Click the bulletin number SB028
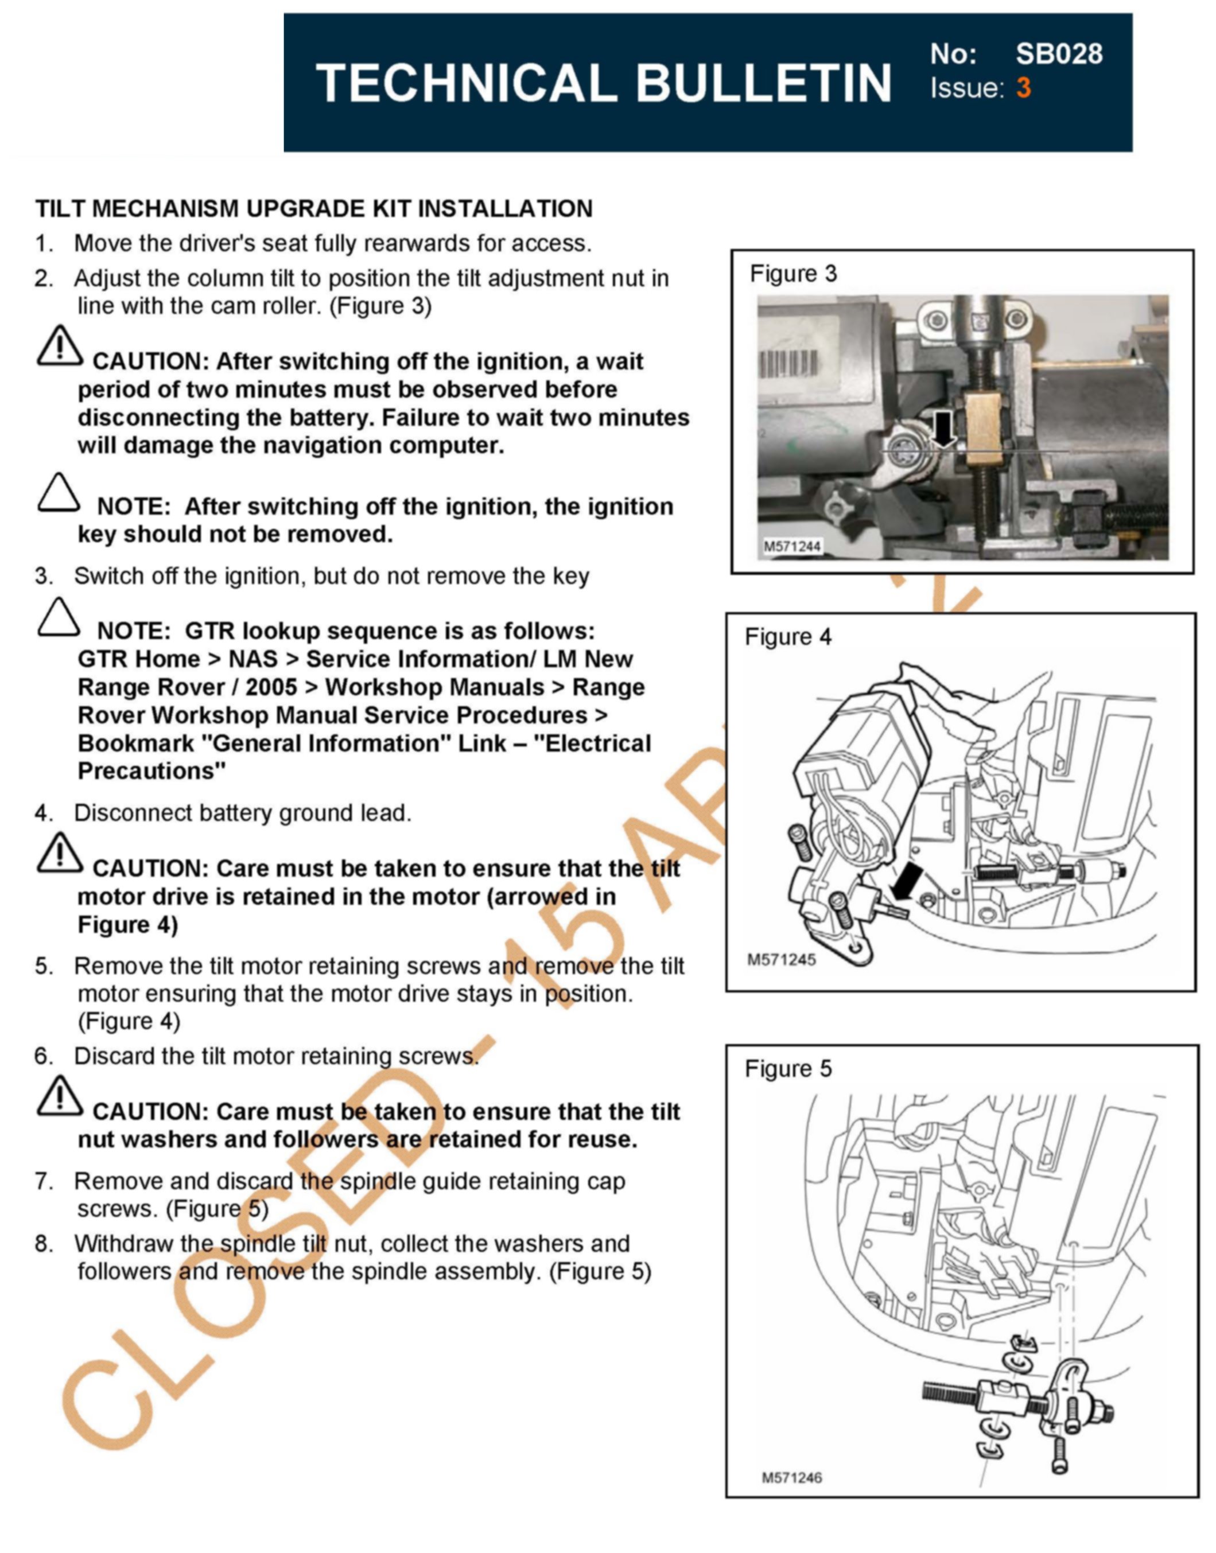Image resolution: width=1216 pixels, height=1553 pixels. (1059, 54)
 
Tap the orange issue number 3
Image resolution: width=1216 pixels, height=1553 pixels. (1023, 88)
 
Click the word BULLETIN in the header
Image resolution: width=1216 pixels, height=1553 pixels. (763, 83)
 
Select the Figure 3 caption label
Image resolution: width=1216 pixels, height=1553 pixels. (793, 274)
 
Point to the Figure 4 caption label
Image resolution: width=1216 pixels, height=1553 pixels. (788, 636)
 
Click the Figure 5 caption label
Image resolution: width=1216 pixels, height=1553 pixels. (788, 1068)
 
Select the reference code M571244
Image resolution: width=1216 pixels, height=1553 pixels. (792, 547)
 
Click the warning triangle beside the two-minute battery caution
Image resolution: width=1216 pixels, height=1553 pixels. (60, 347)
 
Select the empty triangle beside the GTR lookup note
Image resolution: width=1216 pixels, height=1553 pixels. (59, 617)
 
